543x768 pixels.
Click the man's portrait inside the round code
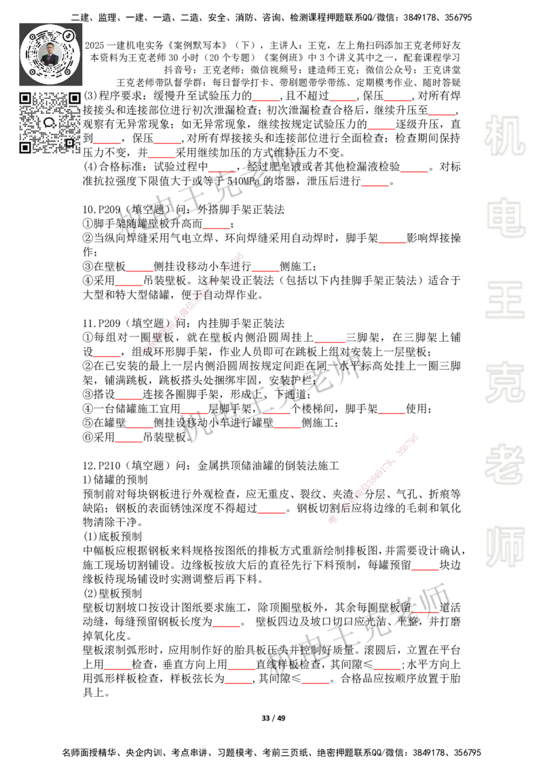(50, 54)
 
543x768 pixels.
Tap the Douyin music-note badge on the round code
(69, 35)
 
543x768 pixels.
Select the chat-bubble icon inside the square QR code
(50, 123)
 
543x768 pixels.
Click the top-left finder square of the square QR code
(24, 98)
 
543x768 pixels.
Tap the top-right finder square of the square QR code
(74, 98)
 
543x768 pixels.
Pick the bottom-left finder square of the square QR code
(24, 147)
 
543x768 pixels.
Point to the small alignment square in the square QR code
(69, 142)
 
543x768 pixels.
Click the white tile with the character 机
(504, 136)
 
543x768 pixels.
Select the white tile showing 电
(507, 217)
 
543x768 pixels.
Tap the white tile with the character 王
(504, 301)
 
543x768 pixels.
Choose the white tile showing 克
(504, 383)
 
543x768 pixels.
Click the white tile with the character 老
(504, 464)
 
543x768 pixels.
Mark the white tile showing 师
(504, 548)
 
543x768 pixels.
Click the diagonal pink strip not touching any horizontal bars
(191, 303)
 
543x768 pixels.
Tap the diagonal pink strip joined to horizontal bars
(373, 476)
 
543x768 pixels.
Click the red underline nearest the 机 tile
(441, 117)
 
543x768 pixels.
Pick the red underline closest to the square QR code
(107, 144)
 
